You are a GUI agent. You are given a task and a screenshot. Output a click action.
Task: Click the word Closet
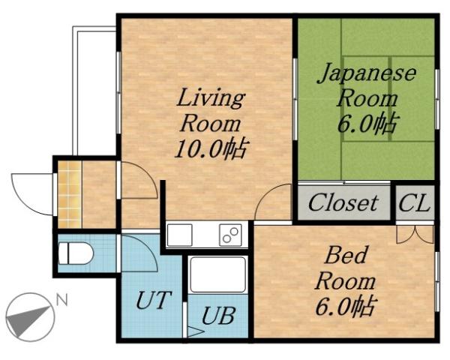pos(343,202)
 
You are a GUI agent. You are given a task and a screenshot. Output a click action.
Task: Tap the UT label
pos(154,301)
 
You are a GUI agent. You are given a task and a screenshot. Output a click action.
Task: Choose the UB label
pos(217,316)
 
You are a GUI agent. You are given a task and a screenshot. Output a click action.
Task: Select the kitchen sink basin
pos(180,235)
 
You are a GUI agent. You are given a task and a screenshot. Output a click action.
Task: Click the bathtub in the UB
pos(217,274)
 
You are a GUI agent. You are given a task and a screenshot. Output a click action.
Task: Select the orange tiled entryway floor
pos(69,194)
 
